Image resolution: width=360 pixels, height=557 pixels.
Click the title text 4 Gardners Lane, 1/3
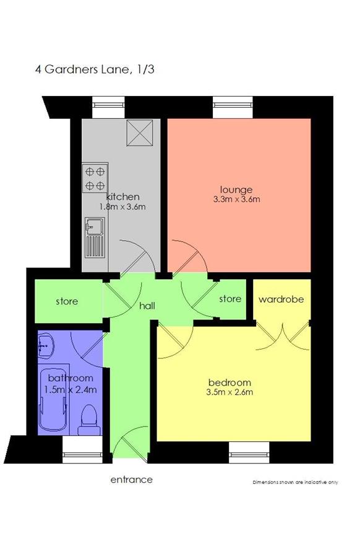[95, 69]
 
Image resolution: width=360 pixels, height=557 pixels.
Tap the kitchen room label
[123, 197]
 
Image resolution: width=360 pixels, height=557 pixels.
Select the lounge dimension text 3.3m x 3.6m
[236, 199]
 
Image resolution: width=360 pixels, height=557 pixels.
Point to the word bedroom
[229, 382]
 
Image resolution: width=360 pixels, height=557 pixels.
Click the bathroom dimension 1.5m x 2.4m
[71, 390]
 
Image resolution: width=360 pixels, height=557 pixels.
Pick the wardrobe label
[281, 300]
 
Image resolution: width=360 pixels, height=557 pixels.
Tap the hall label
[147, 306]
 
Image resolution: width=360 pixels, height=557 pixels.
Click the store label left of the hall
[67, 301]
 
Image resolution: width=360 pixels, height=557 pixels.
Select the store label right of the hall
[230, 299]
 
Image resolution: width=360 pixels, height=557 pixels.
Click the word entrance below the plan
[132, 480]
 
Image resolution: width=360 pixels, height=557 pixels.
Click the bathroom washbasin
[46, 344]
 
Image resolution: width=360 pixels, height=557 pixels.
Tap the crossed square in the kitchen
[140, 132]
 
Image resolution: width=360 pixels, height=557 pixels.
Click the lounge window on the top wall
[233, 107]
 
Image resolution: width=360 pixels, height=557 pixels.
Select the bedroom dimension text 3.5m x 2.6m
[229, 392]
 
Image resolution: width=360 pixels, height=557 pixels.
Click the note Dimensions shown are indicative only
[296, 482]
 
